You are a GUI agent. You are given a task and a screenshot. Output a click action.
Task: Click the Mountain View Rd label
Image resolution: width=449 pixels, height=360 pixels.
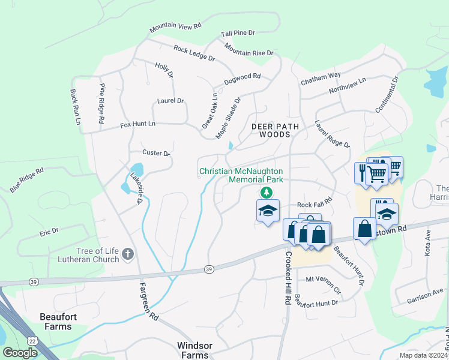175,27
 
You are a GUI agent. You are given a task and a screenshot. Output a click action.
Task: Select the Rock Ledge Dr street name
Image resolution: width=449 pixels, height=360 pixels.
194,53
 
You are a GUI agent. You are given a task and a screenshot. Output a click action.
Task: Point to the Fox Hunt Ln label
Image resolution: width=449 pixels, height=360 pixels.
137,124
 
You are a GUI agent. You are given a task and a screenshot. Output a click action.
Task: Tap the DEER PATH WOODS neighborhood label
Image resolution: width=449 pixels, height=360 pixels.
270,131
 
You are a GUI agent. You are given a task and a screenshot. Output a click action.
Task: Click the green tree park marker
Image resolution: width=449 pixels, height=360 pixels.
266,192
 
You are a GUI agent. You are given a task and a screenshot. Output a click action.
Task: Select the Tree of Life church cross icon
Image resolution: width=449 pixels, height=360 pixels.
127,254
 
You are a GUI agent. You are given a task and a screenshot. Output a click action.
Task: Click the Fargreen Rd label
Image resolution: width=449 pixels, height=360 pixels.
148,300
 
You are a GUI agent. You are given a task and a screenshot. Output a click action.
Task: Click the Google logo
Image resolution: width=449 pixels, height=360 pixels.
20,353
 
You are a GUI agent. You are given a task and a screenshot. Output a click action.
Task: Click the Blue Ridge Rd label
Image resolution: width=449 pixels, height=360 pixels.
27,181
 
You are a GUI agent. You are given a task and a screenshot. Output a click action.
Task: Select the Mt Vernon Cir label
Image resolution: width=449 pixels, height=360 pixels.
323,280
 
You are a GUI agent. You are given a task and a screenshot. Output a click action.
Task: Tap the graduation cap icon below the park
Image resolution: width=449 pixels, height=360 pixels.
268,211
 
